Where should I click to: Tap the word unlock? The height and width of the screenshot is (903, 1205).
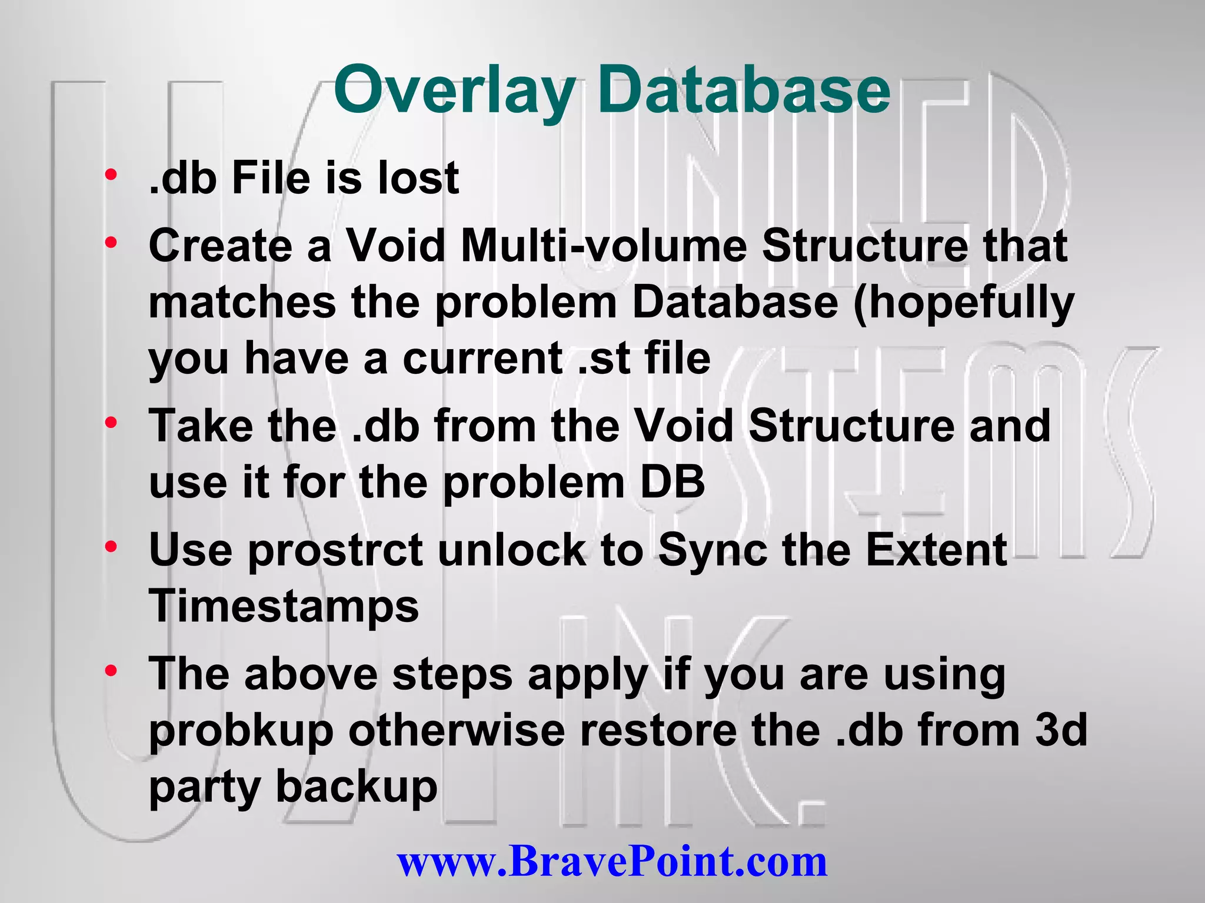tap(512, 550)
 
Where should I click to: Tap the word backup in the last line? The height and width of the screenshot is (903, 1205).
tap(357, 788)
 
